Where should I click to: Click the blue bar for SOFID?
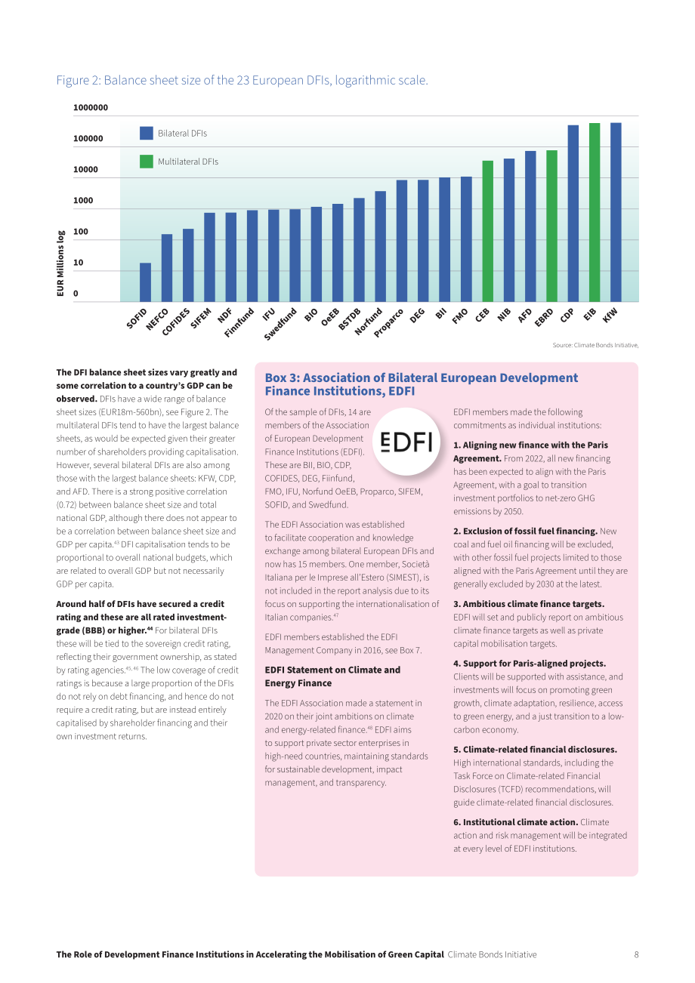tap(145, 282)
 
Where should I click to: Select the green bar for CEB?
tap(487, 231)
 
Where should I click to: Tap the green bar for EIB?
tap(594, 212)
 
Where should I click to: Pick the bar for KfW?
tap(616, 212)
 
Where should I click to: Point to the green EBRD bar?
tap(551, 226)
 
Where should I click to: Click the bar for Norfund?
tap(380, 247)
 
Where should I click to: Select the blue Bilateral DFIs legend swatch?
tap(147, 133)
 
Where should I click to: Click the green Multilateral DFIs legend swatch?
tap(147, 162)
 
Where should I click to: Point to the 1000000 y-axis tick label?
tap(91, 107)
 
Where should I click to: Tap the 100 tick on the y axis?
tap(80, 231)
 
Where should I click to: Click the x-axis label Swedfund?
tap(280, 324)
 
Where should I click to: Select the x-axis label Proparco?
tap(388, 323)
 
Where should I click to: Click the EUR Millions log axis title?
tap(60, 263)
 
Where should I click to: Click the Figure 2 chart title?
tap(242, 80)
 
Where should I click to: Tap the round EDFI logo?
tap(406, 442)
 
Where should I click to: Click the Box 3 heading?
tap(421, 384)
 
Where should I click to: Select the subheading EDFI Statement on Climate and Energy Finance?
tap(332, 676)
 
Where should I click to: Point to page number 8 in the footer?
tap(636, 954)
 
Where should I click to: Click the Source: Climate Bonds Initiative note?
tap(595, 345)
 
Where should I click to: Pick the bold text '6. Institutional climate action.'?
tap(515, 822)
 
